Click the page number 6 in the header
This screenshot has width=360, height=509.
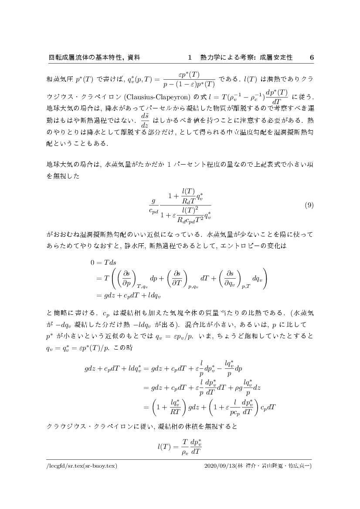pyautogui.click(x=311, y=57)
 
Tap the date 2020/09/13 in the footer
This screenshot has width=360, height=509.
pyautogui.click(x=220, y=465)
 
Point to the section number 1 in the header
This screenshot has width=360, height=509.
pyautogui.click(x=190, y=57)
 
